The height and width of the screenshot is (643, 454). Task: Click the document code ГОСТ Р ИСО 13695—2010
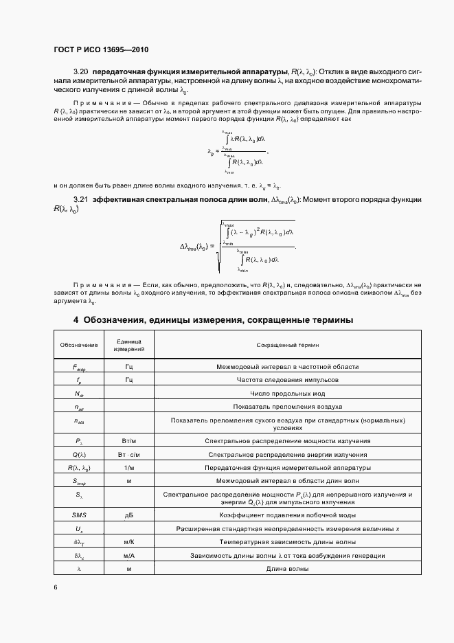point(101,50)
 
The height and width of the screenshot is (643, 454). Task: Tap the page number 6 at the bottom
point(56,587)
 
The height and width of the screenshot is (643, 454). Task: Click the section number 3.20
point(80,71)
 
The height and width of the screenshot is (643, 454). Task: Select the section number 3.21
point(80,199)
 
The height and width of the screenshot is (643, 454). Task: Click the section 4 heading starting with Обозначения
point(214,320)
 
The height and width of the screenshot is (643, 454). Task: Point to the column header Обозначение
point(78,344)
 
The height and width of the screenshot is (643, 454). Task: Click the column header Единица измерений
point(128,344)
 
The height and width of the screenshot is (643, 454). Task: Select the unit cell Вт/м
point(128,441)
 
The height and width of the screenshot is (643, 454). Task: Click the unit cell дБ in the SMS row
point(128,515)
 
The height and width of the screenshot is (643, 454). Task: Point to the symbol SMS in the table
point(78,515)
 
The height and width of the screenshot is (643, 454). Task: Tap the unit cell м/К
point(128,542)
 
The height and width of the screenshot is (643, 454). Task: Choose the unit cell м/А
point(128,555)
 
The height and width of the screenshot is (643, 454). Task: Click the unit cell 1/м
point(128,468)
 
